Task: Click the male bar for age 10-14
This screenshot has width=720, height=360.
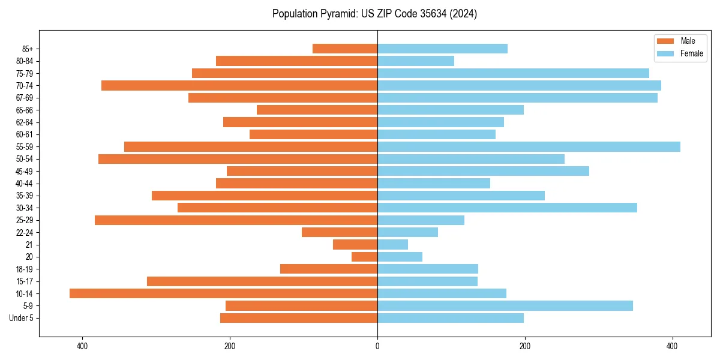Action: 223,293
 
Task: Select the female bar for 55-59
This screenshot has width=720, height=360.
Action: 529,146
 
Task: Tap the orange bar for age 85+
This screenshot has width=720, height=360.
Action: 345,49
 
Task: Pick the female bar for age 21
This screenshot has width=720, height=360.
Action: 392,244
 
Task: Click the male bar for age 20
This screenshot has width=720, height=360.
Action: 364,257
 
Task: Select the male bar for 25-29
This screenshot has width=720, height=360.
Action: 236,220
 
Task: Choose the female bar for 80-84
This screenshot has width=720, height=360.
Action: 416,61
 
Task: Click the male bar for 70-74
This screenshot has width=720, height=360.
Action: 239,85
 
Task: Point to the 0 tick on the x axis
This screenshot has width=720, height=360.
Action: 377,346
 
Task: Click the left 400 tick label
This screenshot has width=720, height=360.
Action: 82,346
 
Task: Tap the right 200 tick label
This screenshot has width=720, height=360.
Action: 525,346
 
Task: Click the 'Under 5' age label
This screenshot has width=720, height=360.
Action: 21,318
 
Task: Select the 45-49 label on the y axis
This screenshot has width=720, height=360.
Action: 25,171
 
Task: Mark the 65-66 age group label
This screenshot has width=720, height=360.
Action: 25,110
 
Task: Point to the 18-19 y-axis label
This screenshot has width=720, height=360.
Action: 25,269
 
